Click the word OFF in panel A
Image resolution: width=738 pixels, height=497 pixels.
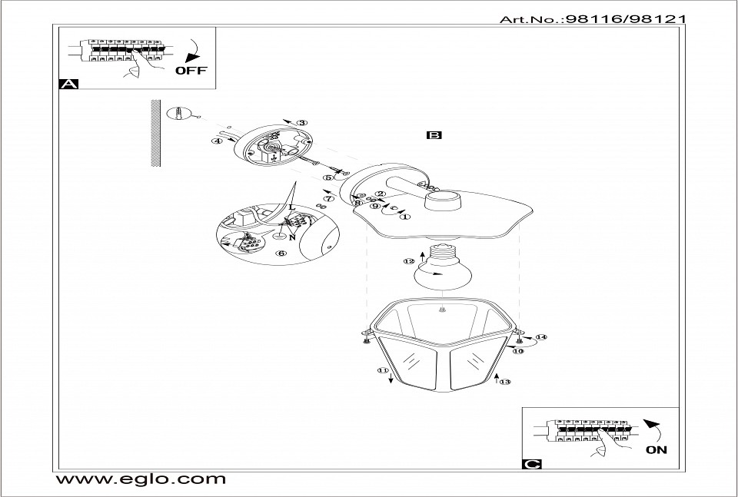click(x=191, y=71)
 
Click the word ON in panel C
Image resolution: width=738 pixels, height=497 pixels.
click(x=656, y=449)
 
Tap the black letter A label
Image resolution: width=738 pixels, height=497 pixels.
click(x=68, y=84)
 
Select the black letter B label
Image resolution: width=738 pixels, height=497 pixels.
click(x=434, y=135)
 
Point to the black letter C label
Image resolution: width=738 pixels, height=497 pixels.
click(x=532, y=464)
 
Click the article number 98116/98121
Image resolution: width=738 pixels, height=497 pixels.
click(x=626, y=19)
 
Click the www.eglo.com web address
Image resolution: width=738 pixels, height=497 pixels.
click(x=141, y=479)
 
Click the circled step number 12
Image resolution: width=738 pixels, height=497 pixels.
click(x=409, y=261)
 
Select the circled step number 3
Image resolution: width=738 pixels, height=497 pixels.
click(x=302, y=123)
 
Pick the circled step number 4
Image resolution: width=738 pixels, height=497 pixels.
click(x=217, y=141)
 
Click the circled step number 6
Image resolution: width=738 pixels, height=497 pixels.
click(x=281, y=253)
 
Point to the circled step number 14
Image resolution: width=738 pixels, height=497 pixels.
click(x=541, y=337)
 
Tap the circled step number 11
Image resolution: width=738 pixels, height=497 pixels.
click(x=383, y=370)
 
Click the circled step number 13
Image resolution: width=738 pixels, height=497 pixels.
click(x=504, y=382)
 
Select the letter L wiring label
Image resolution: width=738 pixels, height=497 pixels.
click(x=292, y=207)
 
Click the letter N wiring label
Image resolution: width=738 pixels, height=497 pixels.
click(x=292, y=238)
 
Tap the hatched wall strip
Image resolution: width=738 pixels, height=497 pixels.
click(x=156, y=133)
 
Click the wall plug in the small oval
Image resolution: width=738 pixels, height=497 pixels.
click(x=178, y=114)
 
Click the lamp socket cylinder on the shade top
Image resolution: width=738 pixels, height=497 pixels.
click(x=443, y=200)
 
